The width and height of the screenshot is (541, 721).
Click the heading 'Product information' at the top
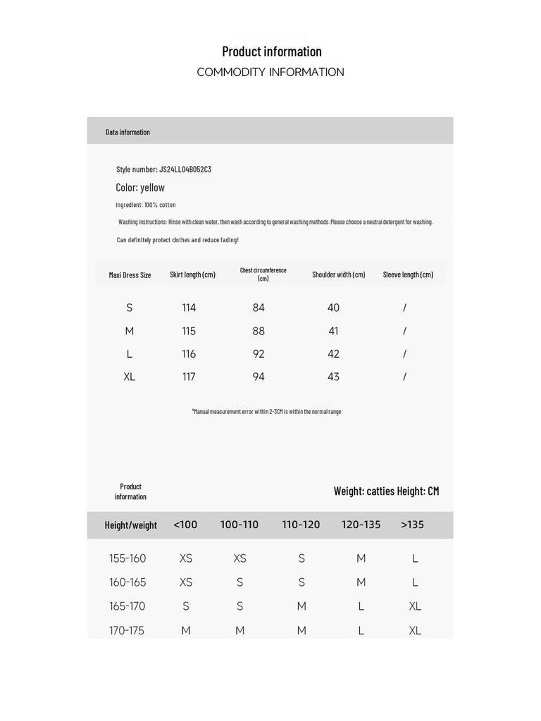271,51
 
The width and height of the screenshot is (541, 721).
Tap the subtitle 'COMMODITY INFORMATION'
270,72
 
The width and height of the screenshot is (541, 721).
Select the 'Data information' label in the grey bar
128,132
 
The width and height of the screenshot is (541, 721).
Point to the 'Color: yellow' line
140,187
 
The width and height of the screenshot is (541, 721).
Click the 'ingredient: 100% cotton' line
146,205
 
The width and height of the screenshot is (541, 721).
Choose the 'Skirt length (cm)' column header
192,275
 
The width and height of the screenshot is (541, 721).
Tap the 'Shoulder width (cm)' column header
339,275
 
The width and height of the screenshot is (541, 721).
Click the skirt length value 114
189,308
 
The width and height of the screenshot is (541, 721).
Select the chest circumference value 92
259,354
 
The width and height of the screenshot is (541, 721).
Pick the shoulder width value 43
333,377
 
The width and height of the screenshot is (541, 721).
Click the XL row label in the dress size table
130,377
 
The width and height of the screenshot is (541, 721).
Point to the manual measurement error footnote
266,411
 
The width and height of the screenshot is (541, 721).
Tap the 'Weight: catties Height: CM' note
386,491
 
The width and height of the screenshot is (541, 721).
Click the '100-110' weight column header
240,525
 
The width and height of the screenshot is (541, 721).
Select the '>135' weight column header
412,525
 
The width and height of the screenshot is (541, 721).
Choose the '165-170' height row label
128,606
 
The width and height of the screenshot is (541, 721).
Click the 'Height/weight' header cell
130,525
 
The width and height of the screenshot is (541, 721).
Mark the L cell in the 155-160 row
415,558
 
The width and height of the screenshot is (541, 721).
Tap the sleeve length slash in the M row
404,331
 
